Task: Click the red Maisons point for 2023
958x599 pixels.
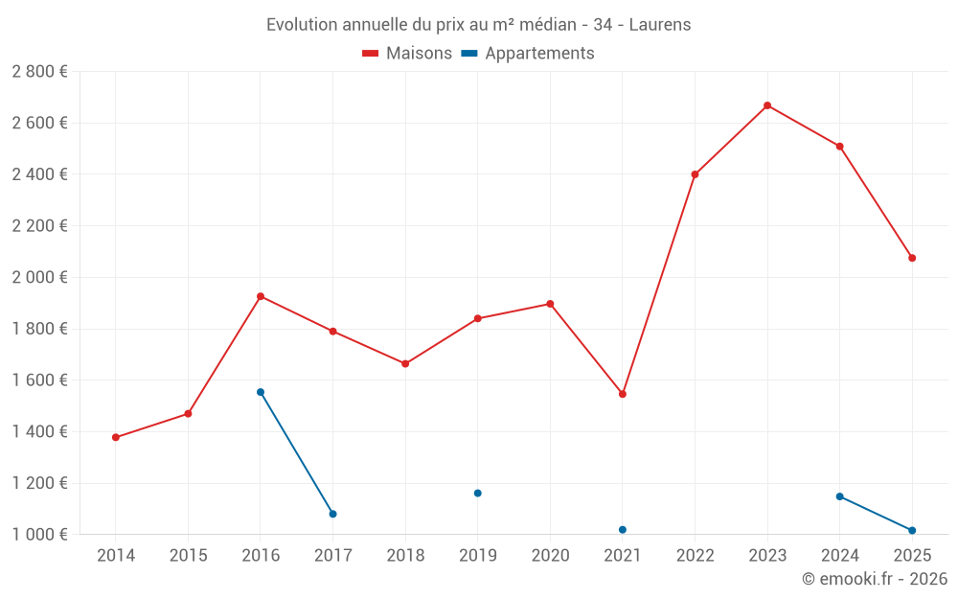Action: (x=767, y=105)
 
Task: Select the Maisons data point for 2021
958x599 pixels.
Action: (x=623, y=394)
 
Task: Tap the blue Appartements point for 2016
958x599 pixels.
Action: (x=261, y=392)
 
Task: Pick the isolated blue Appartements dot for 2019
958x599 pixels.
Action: (x=477, y=494)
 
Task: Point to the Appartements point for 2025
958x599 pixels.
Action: (x=912, y=531)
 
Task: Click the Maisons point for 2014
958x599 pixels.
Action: (x=116, y=438)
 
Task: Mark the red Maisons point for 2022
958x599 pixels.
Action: (x=695, y=174)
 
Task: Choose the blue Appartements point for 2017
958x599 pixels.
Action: (x=332, y=515)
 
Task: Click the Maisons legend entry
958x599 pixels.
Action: (x=407, y=54)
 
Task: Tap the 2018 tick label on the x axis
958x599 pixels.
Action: (x=405, y=556)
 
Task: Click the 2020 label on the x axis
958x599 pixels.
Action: (x=550, y=556)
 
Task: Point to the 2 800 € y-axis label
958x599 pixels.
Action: (x=39, y=72)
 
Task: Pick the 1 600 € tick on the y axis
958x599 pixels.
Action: (x=39, y=380)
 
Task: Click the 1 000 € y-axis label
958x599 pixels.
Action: (x=39, y=535)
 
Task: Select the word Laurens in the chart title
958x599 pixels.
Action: (x=660, y=25)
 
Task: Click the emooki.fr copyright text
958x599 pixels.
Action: (x=875, y=579)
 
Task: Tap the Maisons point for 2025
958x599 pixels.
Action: (x=912, y=258)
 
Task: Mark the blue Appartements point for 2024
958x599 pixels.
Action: (x=839, y=496)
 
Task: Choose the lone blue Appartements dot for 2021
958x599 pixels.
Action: (x=623, y=530)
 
